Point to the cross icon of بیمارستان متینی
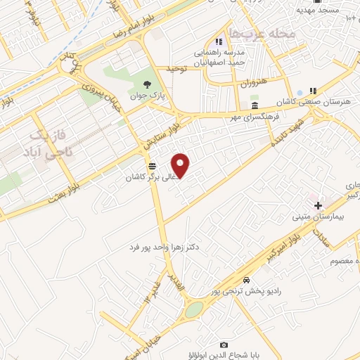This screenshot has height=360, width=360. [319, 205]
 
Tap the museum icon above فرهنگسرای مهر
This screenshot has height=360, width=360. [255, 105]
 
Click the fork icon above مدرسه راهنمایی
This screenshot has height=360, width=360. [220, 40]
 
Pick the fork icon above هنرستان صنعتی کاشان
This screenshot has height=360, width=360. [313, 91]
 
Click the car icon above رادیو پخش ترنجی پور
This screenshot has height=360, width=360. [242, 279]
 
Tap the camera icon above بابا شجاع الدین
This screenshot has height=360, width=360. [224, 345]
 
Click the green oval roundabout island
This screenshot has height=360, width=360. [193, 309]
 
